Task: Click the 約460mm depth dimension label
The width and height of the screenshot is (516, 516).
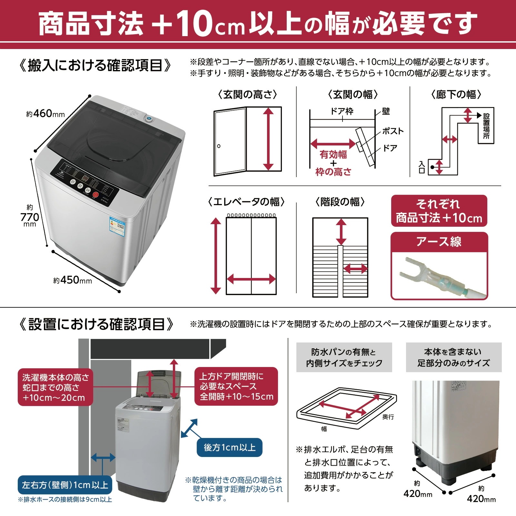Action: (x=45, y=114)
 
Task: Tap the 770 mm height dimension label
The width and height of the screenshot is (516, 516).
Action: (x=30, y=217)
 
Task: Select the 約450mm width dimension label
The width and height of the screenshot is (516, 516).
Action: (x=73, y=280)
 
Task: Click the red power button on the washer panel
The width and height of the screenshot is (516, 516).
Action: (x=96, y=195)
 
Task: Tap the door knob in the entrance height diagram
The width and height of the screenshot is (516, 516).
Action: (x=219, y=146)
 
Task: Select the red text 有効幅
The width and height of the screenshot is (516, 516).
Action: (x=333, y=154)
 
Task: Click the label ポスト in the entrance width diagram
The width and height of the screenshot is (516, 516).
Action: (x=392, y=131)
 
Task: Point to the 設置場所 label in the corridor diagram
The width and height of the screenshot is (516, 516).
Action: (x=486, y=126)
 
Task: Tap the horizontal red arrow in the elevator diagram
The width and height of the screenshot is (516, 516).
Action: (x=251, y=279)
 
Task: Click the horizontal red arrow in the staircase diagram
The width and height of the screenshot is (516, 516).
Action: (x=355, y=268)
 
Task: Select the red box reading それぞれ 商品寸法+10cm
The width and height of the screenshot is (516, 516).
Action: (x=439, y=211)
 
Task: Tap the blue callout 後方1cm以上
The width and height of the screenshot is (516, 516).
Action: (x=230, y=447)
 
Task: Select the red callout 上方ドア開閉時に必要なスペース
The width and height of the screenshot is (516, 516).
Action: (x=236, y=386)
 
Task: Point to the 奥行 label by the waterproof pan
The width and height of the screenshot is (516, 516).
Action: (x=388, y=417)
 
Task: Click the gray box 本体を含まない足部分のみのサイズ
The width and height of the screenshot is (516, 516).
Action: (x=453, y=357)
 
